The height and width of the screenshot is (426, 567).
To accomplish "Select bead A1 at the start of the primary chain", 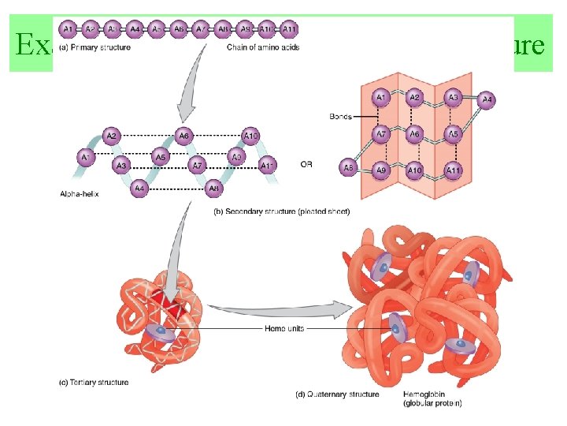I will (69, 30).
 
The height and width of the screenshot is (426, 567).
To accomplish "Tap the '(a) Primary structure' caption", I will (94, 47).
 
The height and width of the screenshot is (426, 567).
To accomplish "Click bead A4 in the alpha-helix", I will (139, 189).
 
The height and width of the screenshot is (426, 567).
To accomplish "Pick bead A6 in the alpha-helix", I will (183, 135).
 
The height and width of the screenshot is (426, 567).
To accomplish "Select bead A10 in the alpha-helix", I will (250, 135).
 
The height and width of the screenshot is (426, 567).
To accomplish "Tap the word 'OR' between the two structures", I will (308, 165).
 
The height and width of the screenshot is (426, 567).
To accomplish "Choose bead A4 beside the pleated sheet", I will (487, 100).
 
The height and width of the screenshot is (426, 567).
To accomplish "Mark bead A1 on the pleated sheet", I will (381, 97).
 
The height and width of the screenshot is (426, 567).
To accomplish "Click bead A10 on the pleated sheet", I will (416, 170).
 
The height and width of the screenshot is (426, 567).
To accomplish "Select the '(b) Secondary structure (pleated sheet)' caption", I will (281, 211).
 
